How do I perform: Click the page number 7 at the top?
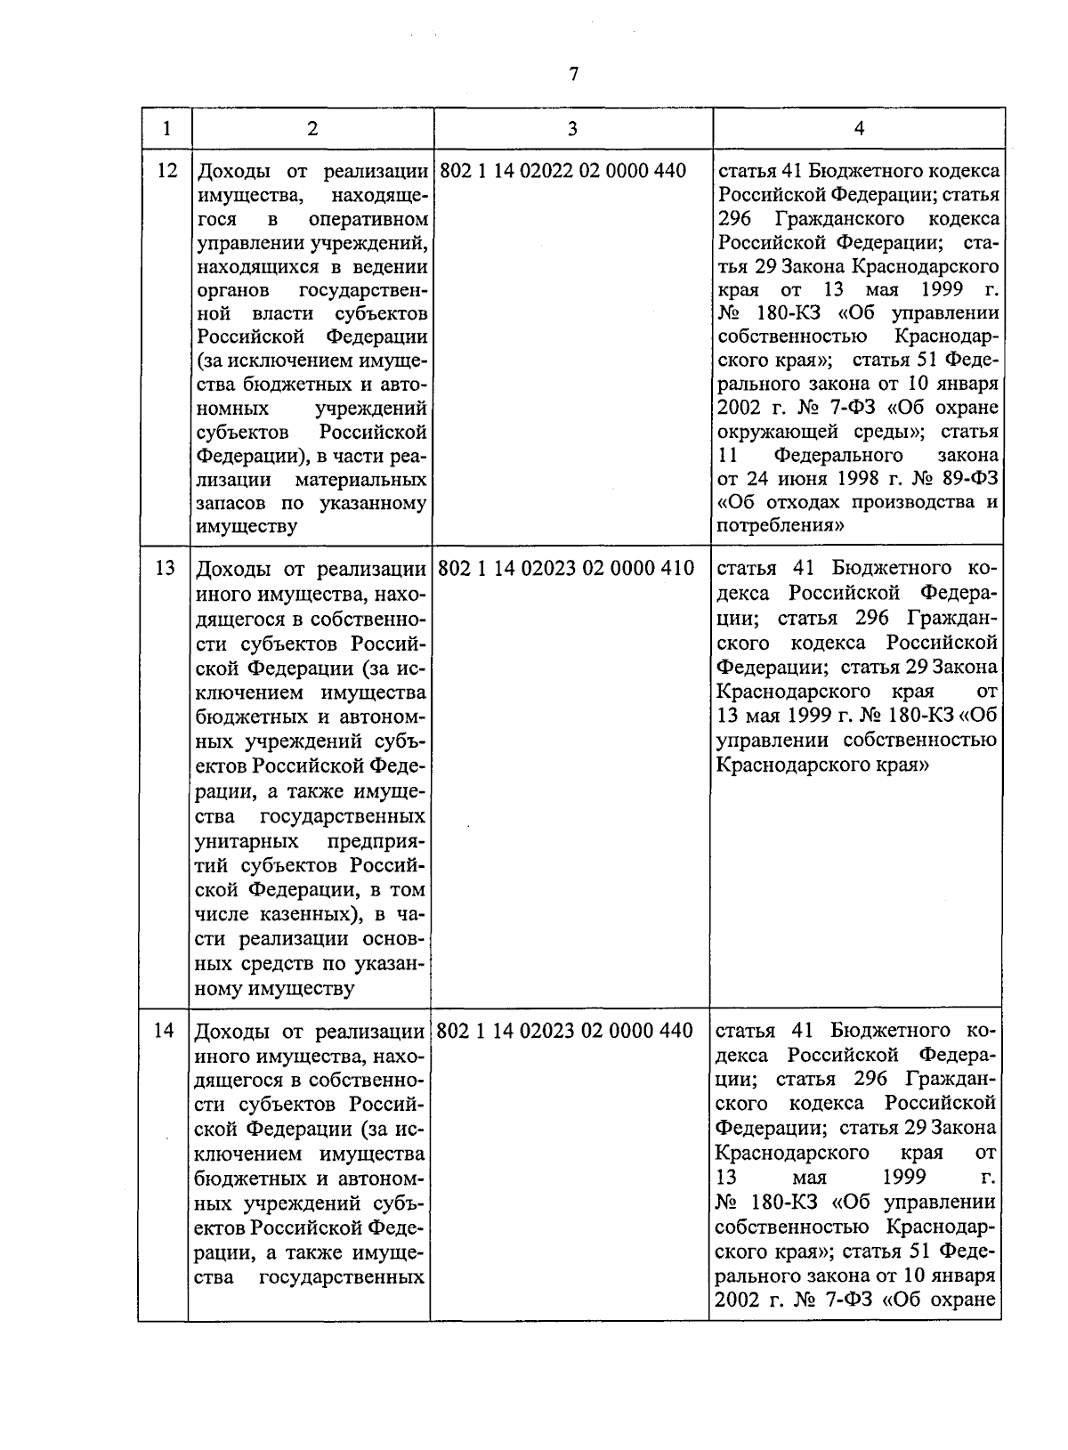[573, 75]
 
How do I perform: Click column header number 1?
[166, 128]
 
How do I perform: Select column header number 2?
[311, 128]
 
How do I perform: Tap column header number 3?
[572, 128]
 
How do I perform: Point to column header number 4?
[859, 128]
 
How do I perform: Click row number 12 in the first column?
[166, 170]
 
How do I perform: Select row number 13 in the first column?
[166, 568]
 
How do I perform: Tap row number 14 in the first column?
[164, 1031]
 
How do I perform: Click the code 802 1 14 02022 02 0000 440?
[563, 170]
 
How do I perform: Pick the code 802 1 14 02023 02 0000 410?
[566, 568]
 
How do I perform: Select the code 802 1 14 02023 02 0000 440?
[565, 1031]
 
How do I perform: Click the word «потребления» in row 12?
[781, 525]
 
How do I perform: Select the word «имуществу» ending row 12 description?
[247, 526]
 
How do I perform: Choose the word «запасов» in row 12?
[229, 503]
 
